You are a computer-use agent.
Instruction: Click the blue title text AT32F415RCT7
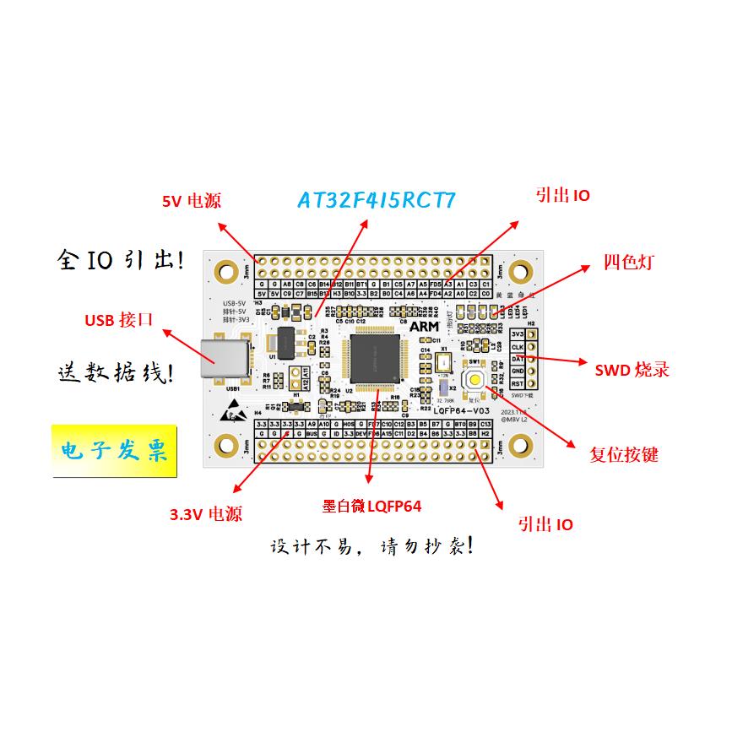pyautogui.click(x=377, y=200)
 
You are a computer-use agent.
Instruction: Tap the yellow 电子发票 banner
pyautogui.click(x=109, y=450)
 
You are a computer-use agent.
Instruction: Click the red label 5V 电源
pyautogui.click(x=192, y=201)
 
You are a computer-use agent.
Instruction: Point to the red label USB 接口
pyautogui.click(x=119, y=320)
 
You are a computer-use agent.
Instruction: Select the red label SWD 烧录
pyautogui.click(x=632, y=369)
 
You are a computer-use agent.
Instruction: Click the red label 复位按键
pyautogui.click(x=623, y=455)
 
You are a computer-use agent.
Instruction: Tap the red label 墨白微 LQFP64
pyautogui.click(x=371, y=507)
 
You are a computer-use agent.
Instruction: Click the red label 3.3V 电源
pyautogui.click(x=206, y=514)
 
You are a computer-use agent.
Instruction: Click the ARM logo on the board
pyautogui.click(x=424, y=325)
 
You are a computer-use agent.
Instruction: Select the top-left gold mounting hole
pyautogui.click(x=226, y=272)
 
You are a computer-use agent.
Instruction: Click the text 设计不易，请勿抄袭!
pyautogui.click(x=371, y=546)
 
